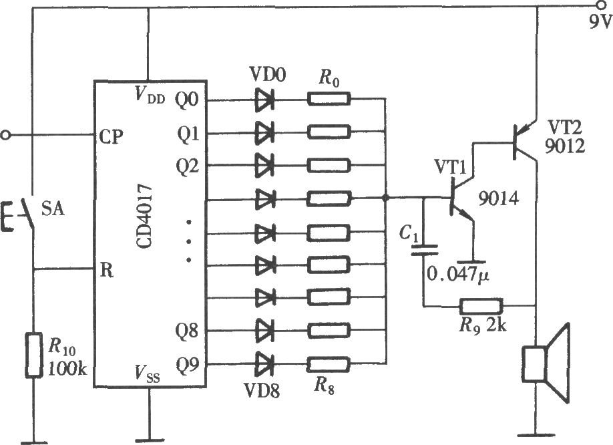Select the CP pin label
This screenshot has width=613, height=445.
point(110,135)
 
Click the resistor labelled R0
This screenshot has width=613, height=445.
point(329,100)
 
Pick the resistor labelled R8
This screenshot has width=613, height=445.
point(329,364)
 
